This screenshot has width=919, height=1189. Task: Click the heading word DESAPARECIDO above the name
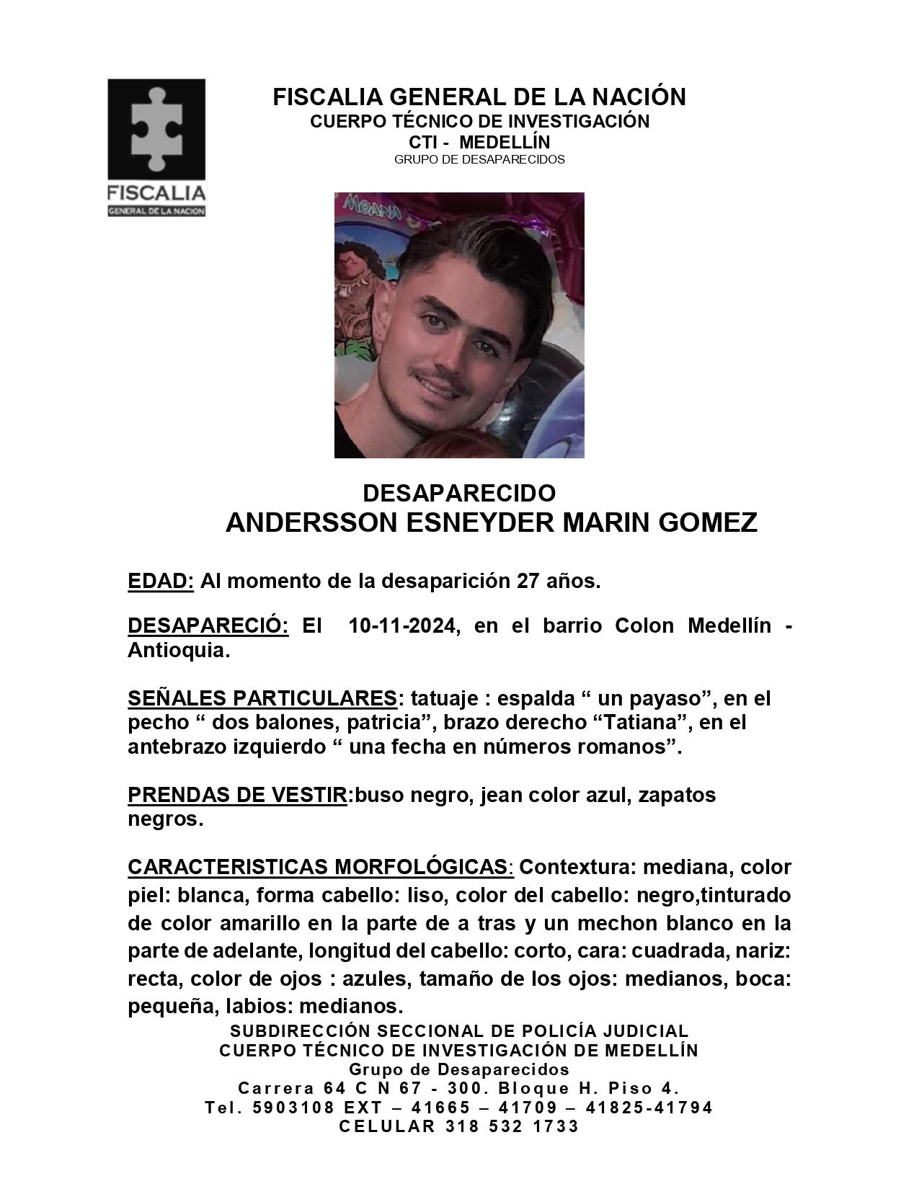tap(459, 494)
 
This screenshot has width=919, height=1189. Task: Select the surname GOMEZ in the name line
tap(708, 522)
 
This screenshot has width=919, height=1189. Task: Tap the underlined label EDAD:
tap(161, 581)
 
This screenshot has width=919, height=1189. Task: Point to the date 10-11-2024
tap(403, 625)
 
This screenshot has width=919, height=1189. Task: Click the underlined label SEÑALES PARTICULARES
tap(262, 698)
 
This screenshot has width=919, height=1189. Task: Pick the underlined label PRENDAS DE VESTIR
tap(237, 795)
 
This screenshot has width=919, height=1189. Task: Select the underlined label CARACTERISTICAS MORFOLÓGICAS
tap(319, 867)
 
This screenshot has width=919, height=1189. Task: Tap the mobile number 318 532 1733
tap(512, 1126)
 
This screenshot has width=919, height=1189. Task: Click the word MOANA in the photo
tap(372, 208)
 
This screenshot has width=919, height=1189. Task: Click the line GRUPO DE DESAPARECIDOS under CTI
tap(479, 159)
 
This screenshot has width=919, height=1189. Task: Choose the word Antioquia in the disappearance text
tap(178, 650)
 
